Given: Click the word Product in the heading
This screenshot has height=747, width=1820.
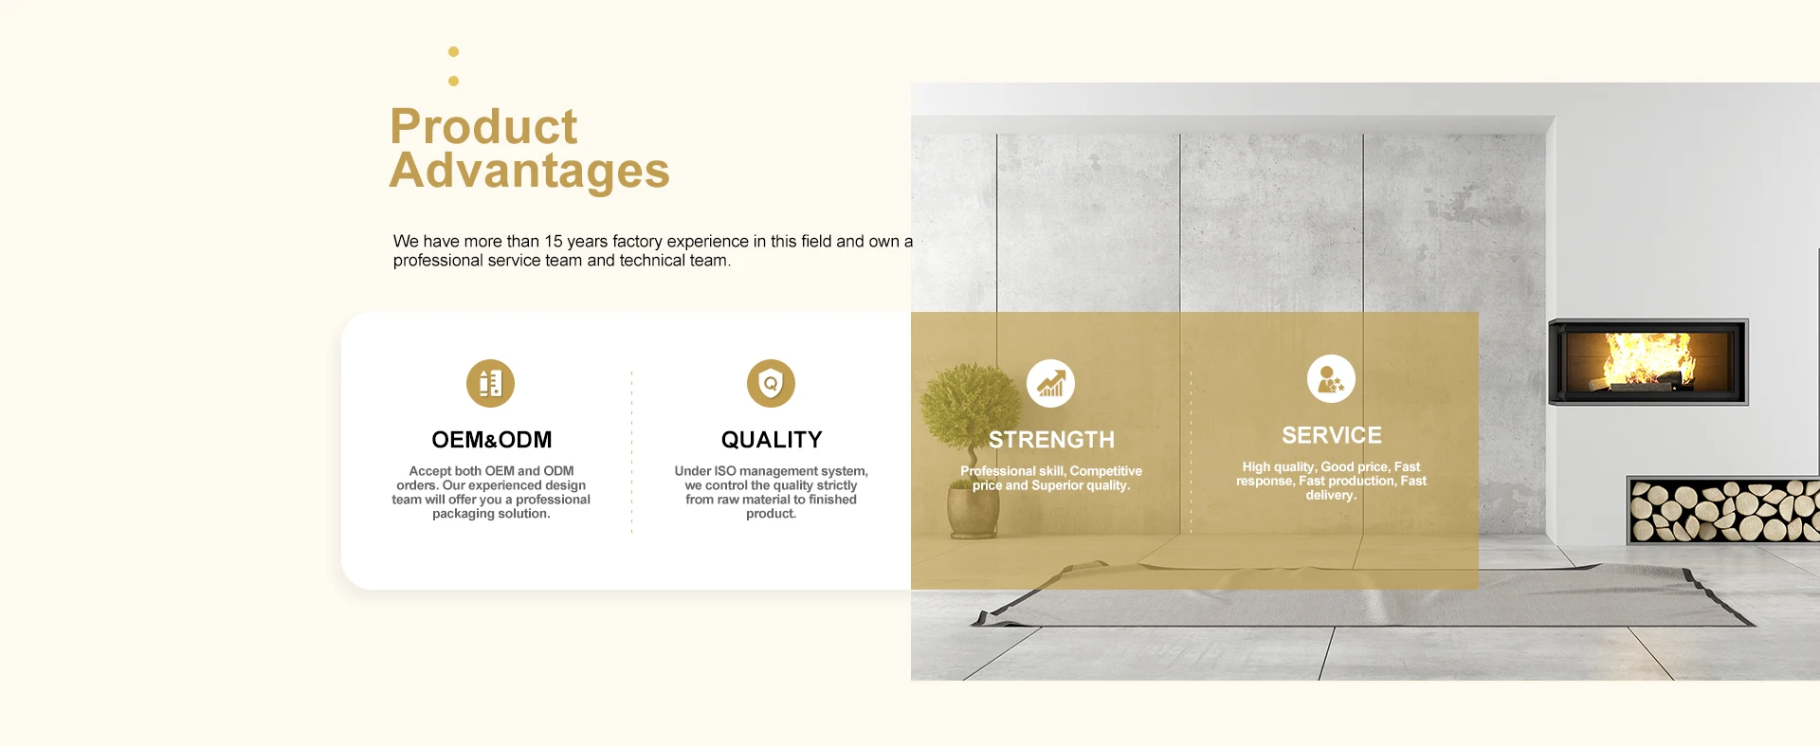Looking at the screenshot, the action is (483, 127).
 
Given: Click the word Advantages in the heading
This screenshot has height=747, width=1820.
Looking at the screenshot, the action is (530, 172).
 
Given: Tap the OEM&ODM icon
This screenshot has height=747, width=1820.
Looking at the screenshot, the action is (490, 383).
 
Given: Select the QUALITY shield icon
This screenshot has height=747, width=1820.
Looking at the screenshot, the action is (771, 383).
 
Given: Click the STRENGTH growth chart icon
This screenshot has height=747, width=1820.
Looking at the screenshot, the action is (1050, 383).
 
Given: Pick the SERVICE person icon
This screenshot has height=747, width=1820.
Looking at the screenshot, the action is (1331, 378).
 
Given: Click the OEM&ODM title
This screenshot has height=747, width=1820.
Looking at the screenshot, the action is (491, 440).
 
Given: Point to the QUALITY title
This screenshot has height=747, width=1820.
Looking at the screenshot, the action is (772, 440).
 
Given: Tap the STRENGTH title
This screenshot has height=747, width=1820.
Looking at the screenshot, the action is (1051, 440).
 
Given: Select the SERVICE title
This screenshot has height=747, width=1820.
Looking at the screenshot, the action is (1332, 435).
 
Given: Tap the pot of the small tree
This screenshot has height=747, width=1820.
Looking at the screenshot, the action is (974, 513).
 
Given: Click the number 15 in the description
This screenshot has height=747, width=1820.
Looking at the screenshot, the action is (554, 242).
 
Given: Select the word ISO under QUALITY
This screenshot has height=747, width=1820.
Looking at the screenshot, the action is (725, 471).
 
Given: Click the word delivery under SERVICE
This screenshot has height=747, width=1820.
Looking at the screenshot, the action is (1330, 496).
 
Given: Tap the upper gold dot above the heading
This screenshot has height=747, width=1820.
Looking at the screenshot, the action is (453, 51).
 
